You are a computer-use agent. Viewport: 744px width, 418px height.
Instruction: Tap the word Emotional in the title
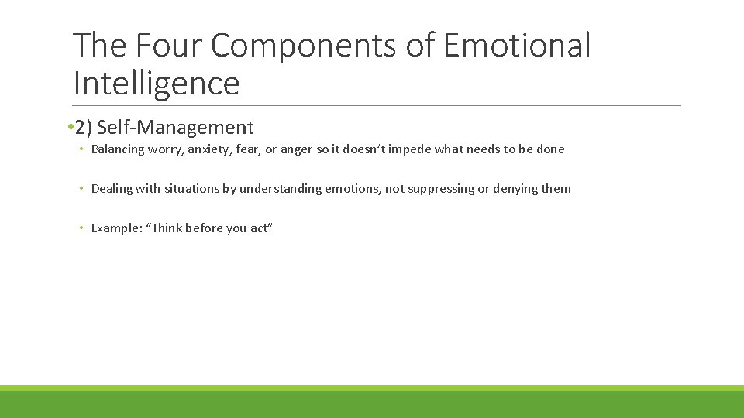(x=517, y=46)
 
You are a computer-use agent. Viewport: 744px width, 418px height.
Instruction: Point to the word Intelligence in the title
(x=156, y=83)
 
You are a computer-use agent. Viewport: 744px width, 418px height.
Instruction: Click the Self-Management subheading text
(x=175, y=127)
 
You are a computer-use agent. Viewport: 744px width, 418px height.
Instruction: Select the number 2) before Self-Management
(x=84, y=127)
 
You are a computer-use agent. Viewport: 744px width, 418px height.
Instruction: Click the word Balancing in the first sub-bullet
(x=118, y=149)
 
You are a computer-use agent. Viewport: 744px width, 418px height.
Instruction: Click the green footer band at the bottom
(x=372, y=403)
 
